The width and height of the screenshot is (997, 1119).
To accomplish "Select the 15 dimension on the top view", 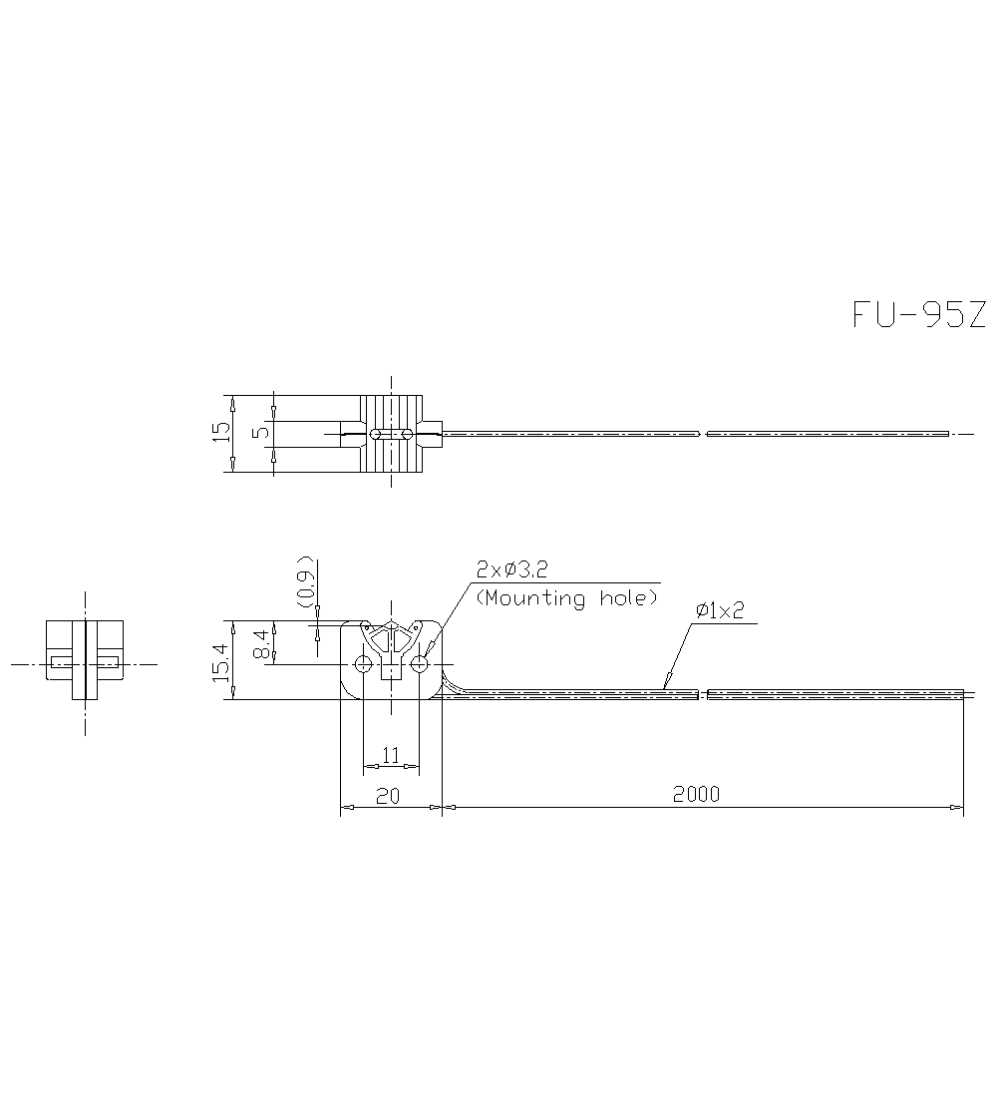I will (221, 433).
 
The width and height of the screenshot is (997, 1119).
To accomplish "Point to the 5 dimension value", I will (261, 433).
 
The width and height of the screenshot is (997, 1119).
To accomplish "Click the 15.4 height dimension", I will (220, 661).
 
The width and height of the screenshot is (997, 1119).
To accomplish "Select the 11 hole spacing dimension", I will (390, 755).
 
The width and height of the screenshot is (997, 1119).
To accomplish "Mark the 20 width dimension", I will (389, 795).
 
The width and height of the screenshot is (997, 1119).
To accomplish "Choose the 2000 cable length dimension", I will (695, 795).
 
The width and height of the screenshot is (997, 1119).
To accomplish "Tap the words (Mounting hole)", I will (566, 598).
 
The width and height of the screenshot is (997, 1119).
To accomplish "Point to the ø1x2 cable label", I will (720, 611).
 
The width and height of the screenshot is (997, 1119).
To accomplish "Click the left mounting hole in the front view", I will (364, 664).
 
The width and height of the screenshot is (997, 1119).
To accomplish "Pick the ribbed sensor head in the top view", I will (391, 434).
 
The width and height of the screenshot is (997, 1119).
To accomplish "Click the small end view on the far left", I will (85, 660).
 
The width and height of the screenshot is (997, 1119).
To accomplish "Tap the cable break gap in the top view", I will (703, 434).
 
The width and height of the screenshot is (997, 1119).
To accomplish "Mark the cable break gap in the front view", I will (702, 693).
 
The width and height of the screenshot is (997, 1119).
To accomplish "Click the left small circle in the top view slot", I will (375, 434).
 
